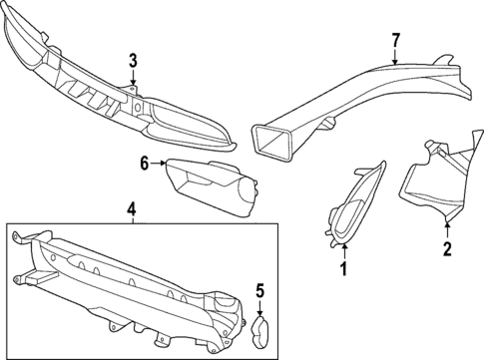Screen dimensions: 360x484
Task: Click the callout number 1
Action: (343, 268)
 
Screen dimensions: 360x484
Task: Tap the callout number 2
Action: (447, 248)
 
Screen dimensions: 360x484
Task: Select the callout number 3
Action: (133, 61)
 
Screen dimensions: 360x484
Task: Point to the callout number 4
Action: (131, 208)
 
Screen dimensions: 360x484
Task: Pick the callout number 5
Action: (258, 291)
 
